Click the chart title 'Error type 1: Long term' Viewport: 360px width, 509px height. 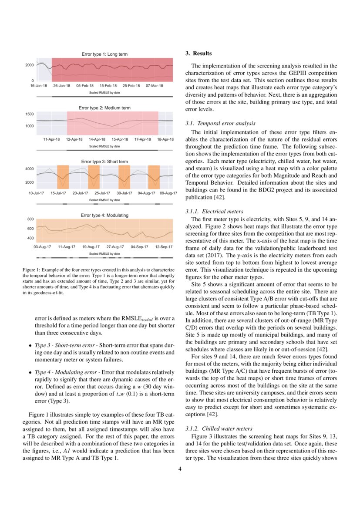tap(104, 54)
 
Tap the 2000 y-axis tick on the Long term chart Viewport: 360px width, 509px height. tap(29, 65)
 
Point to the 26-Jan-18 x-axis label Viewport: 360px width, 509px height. tap(61, 86)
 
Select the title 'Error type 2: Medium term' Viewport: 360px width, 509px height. tap(104, 108)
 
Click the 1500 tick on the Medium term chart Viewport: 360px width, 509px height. tap(29, 114)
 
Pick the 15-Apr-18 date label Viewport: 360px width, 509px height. tap(120, 139)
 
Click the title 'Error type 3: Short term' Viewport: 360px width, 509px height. tap(104, 162)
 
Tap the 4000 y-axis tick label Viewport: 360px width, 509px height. tap(29, 169)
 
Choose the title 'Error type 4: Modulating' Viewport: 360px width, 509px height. tap(104, 215)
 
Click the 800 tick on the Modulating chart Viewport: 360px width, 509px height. tap(30, 219)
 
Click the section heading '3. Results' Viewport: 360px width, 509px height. tap(199, 54)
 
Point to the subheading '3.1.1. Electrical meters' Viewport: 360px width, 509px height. tap(215, 211)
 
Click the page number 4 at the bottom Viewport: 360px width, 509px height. tap(180, 469)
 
